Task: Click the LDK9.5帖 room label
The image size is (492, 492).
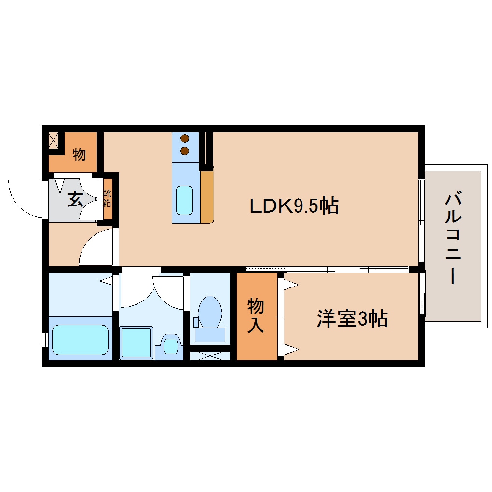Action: click(293, 206)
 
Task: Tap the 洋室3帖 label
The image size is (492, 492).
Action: click(352, 319)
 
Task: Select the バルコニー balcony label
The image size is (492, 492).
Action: click(453, 238)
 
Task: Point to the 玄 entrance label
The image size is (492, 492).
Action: click(74, 199)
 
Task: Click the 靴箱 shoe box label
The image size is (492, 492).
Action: click(107, 198)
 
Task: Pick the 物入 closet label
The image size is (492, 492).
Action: click(256, 316)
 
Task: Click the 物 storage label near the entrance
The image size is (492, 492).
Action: click(79, 155)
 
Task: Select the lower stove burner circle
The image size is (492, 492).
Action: click(185, 150)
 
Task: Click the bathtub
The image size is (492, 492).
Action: click(80, 340)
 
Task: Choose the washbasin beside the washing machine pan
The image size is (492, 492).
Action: click(170, 345)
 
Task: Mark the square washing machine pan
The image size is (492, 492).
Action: click(136, 342)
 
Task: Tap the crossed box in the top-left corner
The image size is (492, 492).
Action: click(53, 139)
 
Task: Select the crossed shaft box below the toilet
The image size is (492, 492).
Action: click(209, 356)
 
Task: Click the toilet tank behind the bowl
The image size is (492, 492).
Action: click(210, 334)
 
